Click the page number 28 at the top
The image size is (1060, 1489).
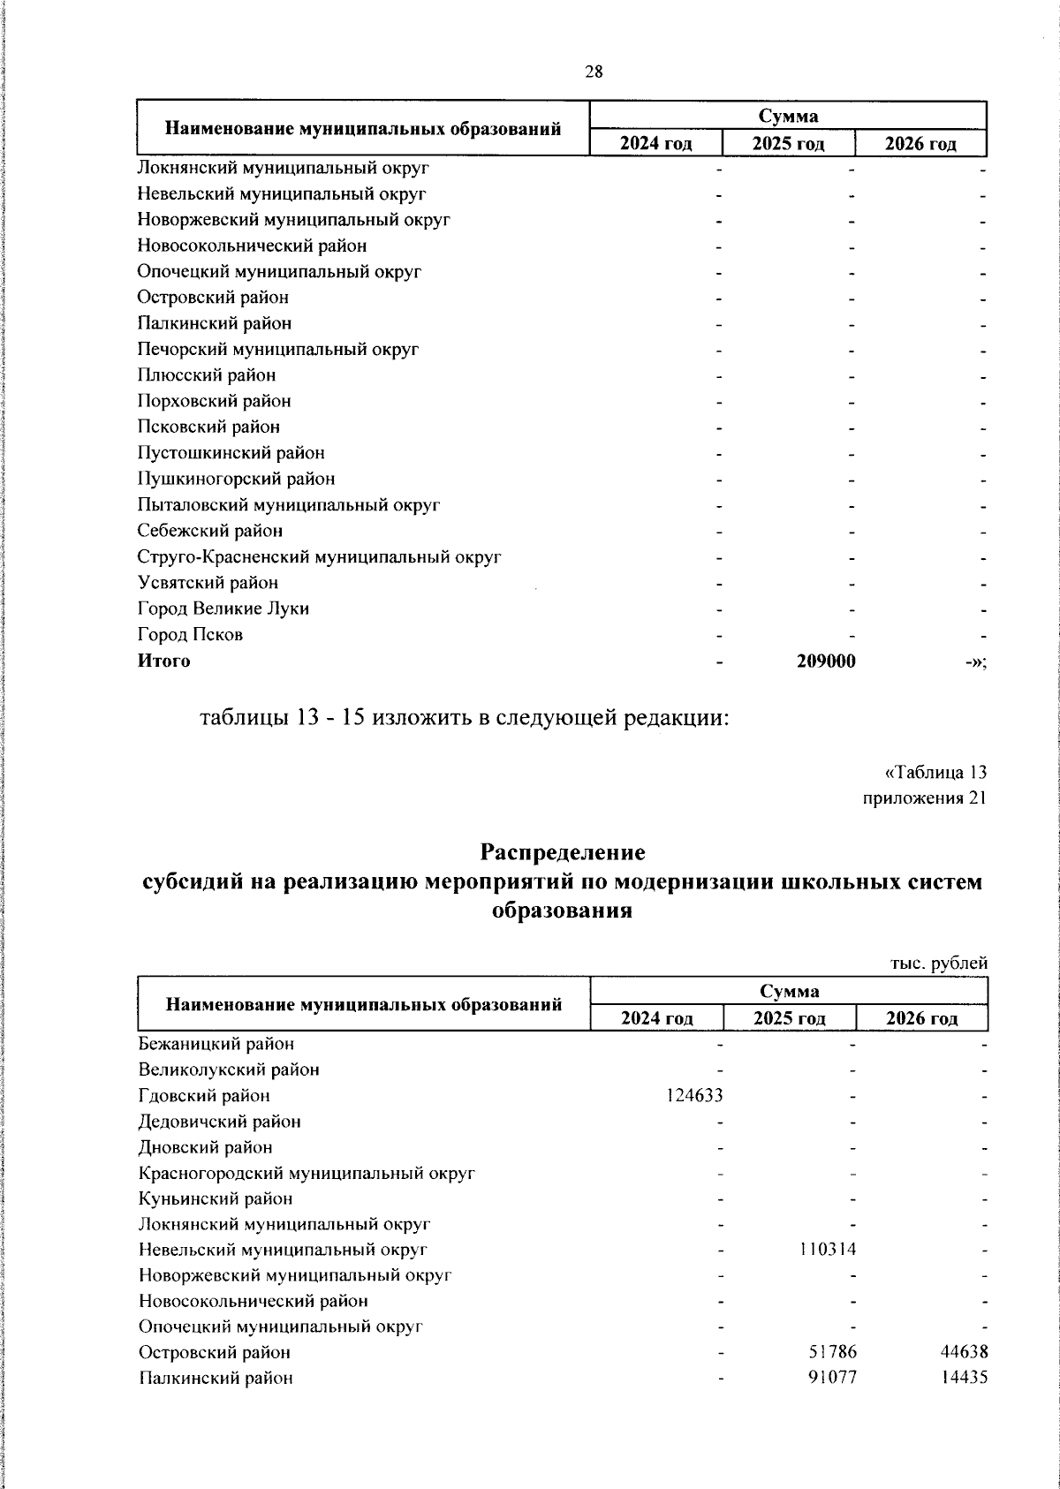594,72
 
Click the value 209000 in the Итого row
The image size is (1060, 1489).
826,661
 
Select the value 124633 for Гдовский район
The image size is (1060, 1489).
694,1096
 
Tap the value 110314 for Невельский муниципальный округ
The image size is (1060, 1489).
828,1250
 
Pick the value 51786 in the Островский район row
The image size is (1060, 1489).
832,1352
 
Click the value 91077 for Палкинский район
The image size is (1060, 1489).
832,1378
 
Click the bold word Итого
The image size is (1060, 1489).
163,661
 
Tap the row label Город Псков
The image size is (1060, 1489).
190,635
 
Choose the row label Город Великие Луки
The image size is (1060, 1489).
223,608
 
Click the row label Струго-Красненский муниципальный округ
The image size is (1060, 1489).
320,557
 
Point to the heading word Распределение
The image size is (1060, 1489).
563,853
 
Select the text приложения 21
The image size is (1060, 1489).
924,798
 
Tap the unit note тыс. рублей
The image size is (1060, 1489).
938,964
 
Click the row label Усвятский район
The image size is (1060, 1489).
208,583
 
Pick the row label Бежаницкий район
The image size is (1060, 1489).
216,1044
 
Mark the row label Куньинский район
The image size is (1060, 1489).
216,1198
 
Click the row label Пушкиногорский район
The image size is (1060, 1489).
236,479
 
